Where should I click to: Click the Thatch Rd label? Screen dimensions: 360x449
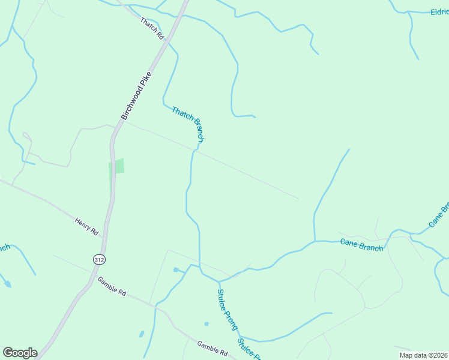(x=152, y=28)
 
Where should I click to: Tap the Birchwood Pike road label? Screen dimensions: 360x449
(x=137, y=95)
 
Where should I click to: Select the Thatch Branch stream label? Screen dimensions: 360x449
(x=188, y=124)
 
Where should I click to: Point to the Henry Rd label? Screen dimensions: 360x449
(x=86, y=226)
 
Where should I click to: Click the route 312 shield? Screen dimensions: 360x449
(x=98, y=259)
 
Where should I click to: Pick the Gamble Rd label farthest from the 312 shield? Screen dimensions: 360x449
(x=212, y=349)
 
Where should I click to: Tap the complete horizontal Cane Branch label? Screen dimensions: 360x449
(x=361, y=245)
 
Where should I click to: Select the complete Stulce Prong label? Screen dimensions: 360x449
(x=228, y=310)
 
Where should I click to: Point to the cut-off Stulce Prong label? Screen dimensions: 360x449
(x=249, y=349)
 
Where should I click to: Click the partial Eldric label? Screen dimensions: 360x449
(x=439, y=11)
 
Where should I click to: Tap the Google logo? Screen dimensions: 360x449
(x=20, y=353)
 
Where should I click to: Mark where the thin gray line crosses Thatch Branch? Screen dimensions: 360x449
(x=194, y=151)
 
